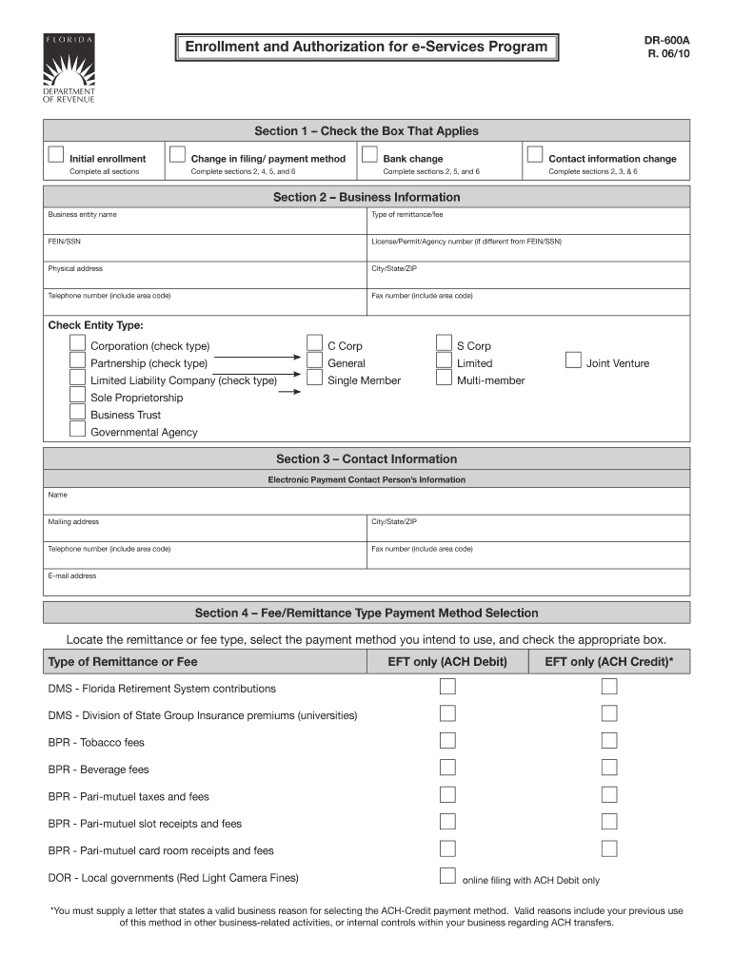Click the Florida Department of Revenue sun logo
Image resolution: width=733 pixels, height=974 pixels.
(68, 64)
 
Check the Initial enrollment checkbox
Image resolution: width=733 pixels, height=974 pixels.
(56, 155)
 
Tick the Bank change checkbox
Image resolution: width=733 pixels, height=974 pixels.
(369, 155)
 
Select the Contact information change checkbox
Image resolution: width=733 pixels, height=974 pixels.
(535, 155)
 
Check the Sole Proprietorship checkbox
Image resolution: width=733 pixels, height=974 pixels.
(77, 396)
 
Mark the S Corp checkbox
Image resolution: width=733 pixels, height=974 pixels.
(444, 344)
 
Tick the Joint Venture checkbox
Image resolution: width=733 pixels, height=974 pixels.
(573, 360)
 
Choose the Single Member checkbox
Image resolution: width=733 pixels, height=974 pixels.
(314, 379)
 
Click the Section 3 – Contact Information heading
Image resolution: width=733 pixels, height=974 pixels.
(366, 459)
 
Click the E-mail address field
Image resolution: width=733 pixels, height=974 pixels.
(366, 583)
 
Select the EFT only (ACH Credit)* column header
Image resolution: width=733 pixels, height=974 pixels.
(608, 662)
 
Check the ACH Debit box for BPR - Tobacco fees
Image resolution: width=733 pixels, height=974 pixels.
(447, 740)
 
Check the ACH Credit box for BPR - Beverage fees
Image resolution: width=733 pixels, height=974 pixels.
(609, 767)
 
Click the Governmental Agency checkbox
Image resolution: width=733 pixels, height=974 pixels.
(77, 430)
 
